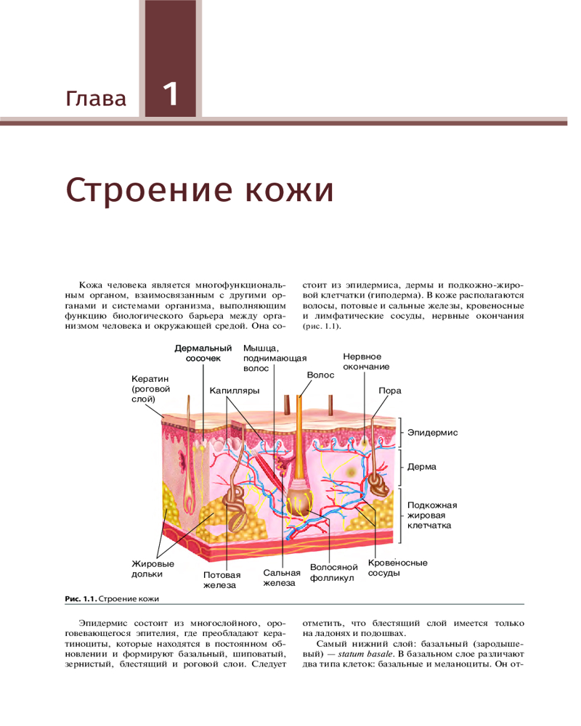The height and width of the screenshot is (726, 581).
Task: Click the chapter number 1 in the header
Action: pos(171,94)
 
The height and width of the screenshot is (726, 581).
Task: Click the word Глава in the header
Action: pos(96,99)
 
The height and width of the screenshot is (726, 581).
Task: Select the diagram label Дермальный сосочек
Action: pos(203,354)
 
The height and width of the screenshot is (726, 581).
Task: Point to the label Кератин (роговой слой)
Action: pos(150,389)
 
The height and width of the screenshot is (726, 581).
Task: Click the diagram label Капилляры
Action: pos(235,391)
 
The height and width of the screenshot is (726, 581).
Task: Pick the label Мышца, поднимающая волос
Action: pos(275,359)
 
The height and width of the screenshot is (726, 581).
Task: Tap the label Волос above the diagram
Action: pos(320,375)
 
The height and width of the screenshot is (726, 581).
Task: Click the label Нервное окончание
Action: pos(366,362)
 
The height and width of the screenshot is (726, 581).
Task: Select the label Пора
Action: pos(390,391)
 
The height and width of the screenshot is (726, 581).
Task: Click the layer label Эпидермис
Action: pos(433,433)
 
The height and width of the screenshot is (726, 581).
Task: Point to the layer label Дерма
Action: pos(422,467)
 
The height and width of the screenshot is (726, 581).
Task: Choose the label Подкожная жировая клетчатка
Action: pos(432,515)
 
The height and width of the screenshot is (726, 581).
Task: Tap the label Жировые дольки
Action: pos(153,569)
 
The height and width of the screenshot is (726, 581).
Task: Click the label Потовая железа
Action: pos(222,580)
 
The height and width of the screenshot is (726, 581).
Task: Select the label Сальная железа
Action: pos(282,578)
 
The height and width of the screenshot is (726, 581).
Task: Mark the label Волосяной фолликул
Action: pos(334,573)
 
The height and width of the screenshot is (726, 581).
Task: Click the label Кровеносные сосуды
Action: pos(397,568)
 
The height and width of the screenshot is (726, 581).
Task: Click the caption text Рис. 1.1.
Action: pos(81,599)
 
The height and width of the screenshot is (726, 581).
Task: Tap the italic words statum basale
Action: pos(365,654)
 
